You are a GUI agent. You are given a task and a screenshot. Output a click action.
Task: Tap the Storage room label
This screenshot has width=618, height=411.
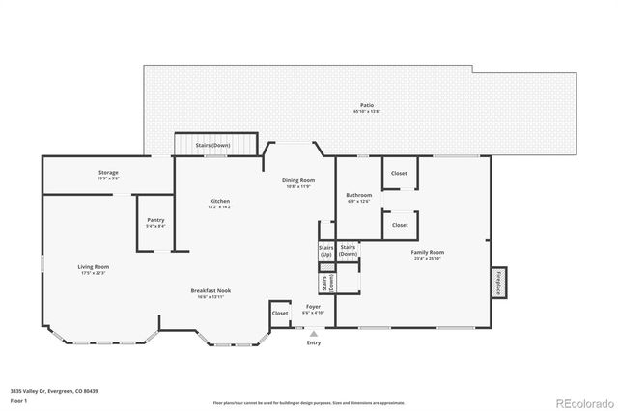pyautogui.click(x=107, y=172)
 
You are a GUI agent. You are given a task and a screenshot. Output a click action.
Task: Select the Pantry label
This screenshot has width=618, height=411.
pyautogui.click(x=155, y=220)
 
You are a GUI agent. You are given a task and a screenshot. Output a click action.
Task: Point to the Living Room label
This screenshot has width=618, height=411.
pyautogui.click(x=94, y=266)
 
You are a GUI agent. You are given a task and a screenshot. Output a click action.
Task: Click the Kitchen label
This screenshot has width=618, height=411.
pyautogui.click(x=220, y=201)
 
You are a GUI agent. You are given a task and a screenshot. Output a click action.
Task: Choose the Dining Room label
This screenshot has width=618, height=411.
pyautogui.click(x=298, y=180)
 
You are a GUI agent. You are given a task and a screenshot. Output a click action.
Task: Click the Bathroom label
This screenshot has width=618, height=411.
pyautogui.click(x=359, y=195)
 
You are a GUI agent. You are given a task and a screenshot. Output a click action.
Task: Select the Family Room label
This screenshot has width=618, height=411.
pyautogui.click(x=428, y=252)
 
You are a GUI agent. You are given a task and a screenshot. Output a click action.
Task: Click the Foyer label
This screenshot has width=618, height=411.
pyautogui.click(x=314, y=307)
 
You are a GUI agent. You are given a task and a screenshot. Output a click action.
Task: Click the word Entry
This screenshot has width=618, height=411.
pyautogui.click(x=314, y=342)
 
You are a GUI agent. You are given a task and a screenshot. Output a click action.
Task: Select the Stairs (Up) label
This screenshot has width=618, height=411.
pyautogui.click(x=326, y=251)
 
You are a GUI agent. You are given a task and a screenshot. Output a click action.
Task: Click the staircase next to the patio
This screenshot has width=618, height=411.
pyautogui.click(x=214, y=145)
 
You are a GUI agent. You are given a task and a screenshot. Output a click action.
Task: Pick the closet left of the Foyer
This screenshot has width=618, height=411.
pyautogui.click(x=280, y=314)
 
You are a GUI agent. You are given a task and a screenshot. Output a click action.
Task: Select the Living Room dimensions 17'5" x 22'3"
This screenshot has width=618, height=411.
pyautogui.click(x=94, y=273)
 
